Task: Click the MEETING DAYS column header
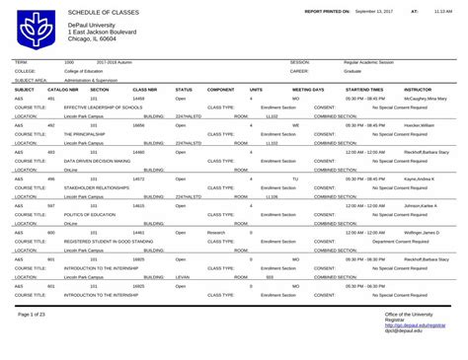click(x=306, y=90)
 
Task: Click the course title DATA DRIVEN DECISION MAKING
click(x=97, y=160)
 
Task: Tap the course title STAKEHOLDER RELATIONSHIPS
click(x=96, y=186)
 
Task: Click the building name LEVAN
click(x=182, y=276)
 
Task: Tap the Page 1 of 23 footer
click(x=39, y=340)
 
